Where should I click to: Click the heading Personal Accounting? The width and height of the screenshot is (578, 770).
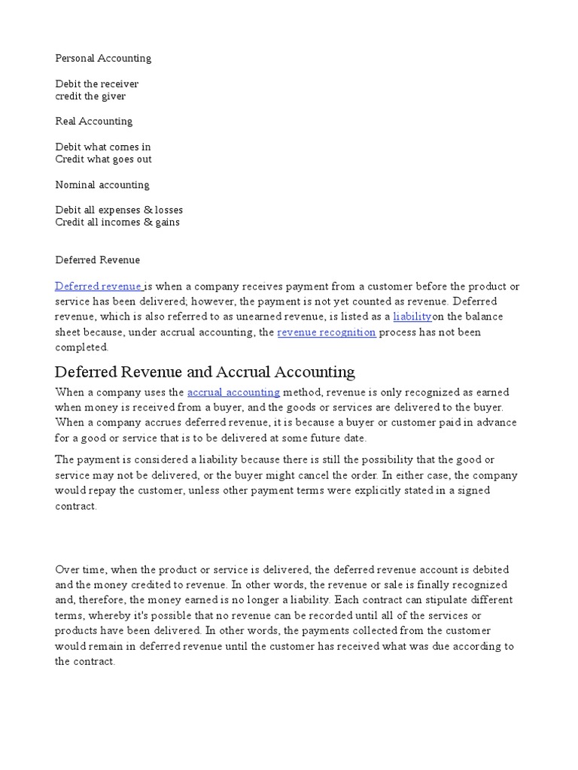coord(103,58)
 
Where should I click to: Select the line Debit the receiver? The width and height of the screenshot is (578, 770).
coord(97,83)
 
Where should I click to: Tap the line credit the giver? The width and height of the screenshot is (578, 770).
coord(90,96)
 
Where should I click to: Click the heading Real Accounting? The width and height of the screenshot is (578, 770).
coord(93,121)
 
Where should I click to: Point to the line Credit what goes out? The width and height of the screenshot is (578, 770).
coord(103,159)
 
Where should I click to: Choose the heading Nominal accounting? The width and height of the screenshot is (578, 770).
coord(102,185)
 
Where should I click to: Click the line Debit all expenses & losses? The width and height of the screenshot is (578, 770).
coord(119,210)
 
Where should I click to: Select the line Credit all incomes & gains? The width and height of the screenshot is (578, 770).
coord(117,223)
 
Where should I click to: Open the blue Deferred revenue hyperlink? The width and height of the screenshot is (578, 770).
coord(98,286)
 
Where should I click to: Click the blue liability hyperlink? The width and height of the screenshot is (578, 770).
coord(412,317)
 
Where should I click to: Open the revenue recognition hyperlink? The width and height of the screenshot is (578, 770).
coord(327,332)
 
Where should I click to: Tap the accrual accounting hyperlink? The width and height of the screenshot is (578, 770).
coord(233,393)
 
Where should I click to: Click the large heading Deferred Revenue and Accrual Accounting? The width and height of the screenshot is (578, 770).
coord(205,371)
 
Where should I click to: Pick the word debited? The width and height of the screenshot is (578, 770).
coord(489,570)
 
